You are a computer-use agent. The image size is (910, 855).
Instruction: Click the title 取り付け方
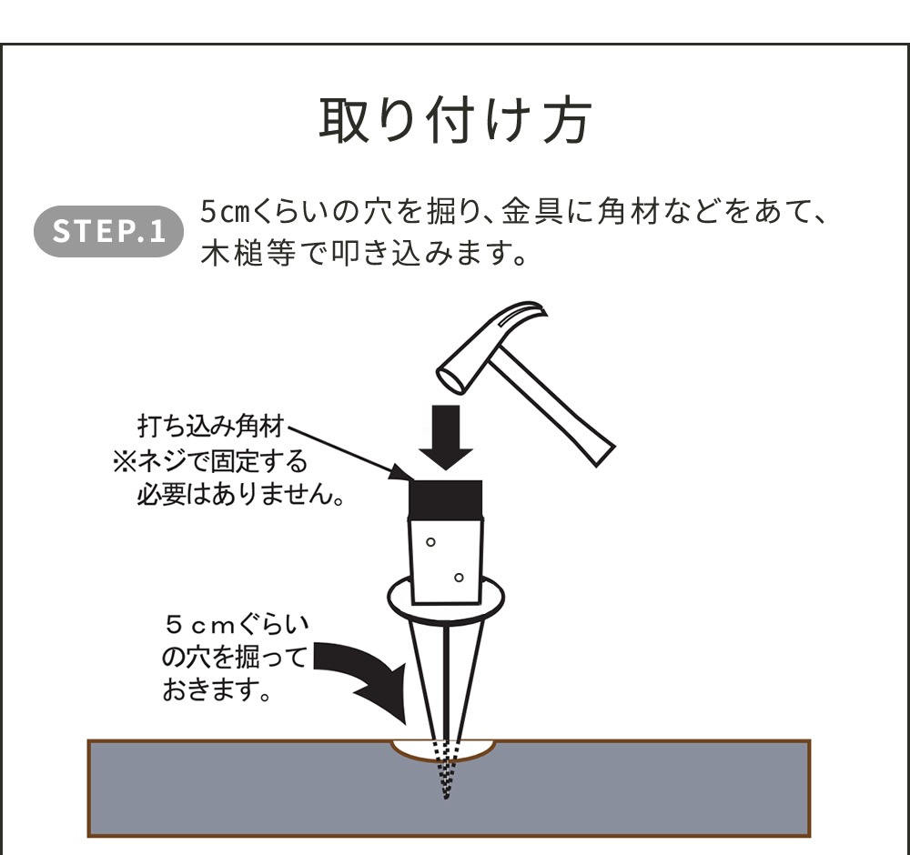tap(454, 119)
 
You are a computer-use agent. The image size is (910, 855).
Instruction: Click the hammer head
tap(496, 346)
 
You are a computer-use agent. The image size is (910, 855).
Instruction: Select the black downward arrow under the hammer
tap(446, 438)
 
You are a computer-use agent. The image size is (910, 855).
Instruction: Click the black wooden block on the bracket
tap(445, 498)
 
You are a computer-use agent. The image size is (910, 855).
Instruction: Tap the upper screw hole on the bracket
tap(430, 542)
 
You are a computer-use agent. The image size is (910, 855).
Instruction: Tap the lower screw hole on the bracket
tap(460, 577)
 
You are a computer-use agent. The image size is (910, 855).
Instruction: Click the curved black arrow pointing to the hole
tap(364, 678)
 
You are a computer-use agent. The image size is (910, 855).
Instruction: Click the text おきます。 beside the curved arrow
tap(218, 689)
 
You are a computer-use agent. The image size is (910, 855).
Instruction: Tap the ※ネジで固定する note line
tap(210, 462)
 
